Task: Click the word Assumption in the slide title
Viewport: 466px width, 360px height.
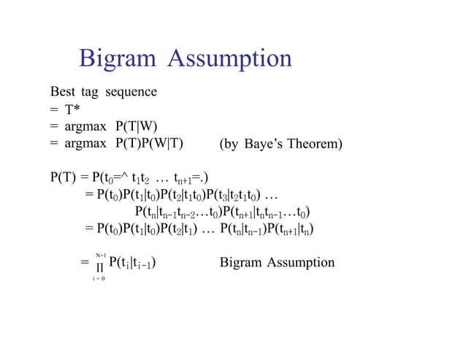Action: (x=229, y=60)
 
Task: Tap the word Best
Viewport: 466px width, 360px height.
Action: (x=62, y=93)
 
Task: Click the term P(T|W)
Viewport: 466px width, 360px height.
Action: (x=138, y=126)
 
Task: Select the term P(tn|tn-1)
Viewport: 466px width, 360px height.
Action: (x=246, y=229)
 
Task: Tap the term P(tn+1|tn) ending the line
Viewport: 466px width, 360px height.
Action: (x=292, y=229)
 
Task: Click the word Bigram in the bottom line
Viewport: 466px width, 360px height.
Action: (x=241, y=263)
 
